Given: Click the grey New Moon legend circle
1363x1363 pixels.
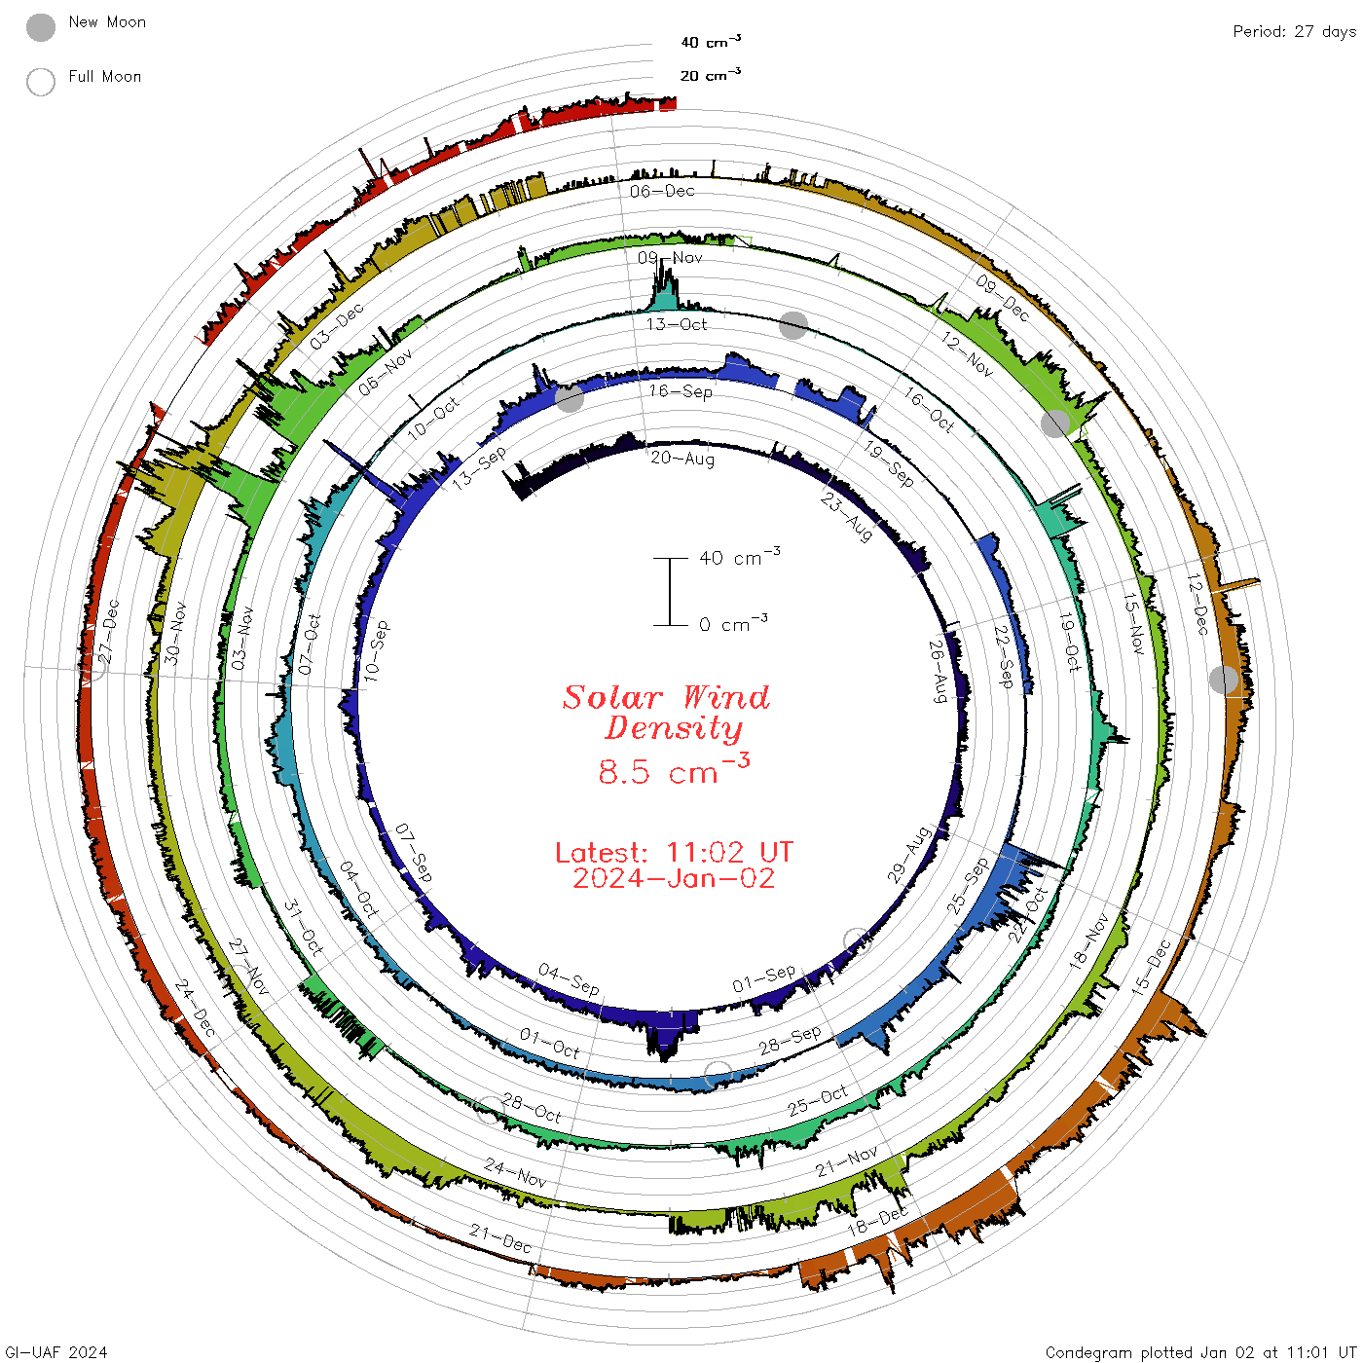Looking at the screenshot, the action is (x=40, y=27).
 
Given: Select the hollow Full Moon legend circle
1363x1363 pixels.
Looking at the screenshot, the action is (x=40, y=82).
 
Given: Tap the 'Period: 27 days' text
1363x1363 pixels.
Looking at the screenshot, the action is (x=1294, y=32).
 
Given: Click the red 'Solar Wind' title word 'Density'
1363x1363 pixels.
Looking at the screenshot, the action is (x=673, y=728).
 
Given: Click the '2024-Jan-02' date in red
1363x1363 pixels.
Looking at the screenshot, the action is (x=674, y=878).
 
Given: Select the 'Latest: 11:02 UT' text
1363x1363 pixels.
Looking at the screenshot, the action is (x=674, y=852).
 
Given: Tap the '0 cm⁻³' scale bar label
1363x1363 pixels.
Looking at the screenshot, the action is (x=733, y=622).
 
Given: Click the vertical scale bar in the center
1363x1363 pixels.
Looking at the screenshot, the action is (x=670, y=591).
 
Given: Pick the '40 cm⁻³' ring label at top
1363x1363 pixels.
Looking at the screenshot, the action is (x=711, y=41).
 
